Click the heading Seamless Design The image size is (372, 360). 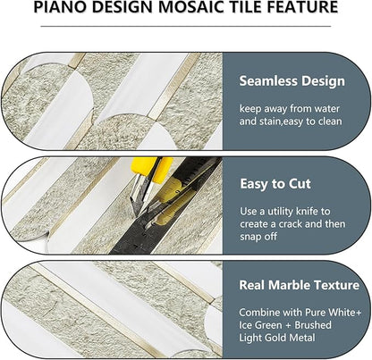tap(292, 81)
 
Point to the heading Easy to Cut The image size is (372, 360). tap(276, 183)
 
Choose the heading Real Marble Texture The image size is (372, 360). tap(299, 287)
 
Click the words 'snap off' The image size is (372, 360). tap(260, 238)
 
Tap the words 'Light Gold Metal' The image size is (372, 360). tap(283, 340)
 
